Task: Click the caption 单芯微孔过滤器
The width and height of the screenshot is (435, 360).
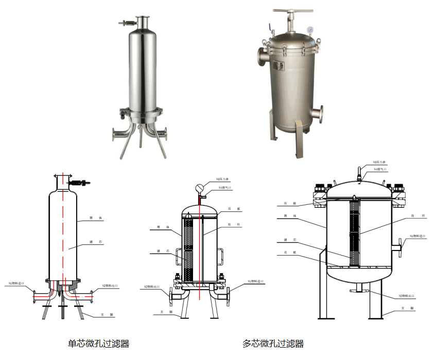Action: pos(98,344)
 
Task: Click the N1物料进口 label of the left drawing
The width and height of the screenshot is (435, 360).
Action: pos(16,283)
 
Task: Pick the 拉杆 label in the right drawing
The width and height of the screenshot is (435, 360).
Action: pos(412,215)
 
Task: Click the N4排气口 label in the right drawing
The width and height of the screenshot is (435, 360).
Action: pos(381,169)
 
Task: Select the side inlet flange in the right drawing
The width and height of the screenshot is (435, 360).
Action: pos(399,247)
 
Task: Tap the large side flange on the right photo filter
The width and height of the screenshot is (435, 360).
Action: pos(260,56)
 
